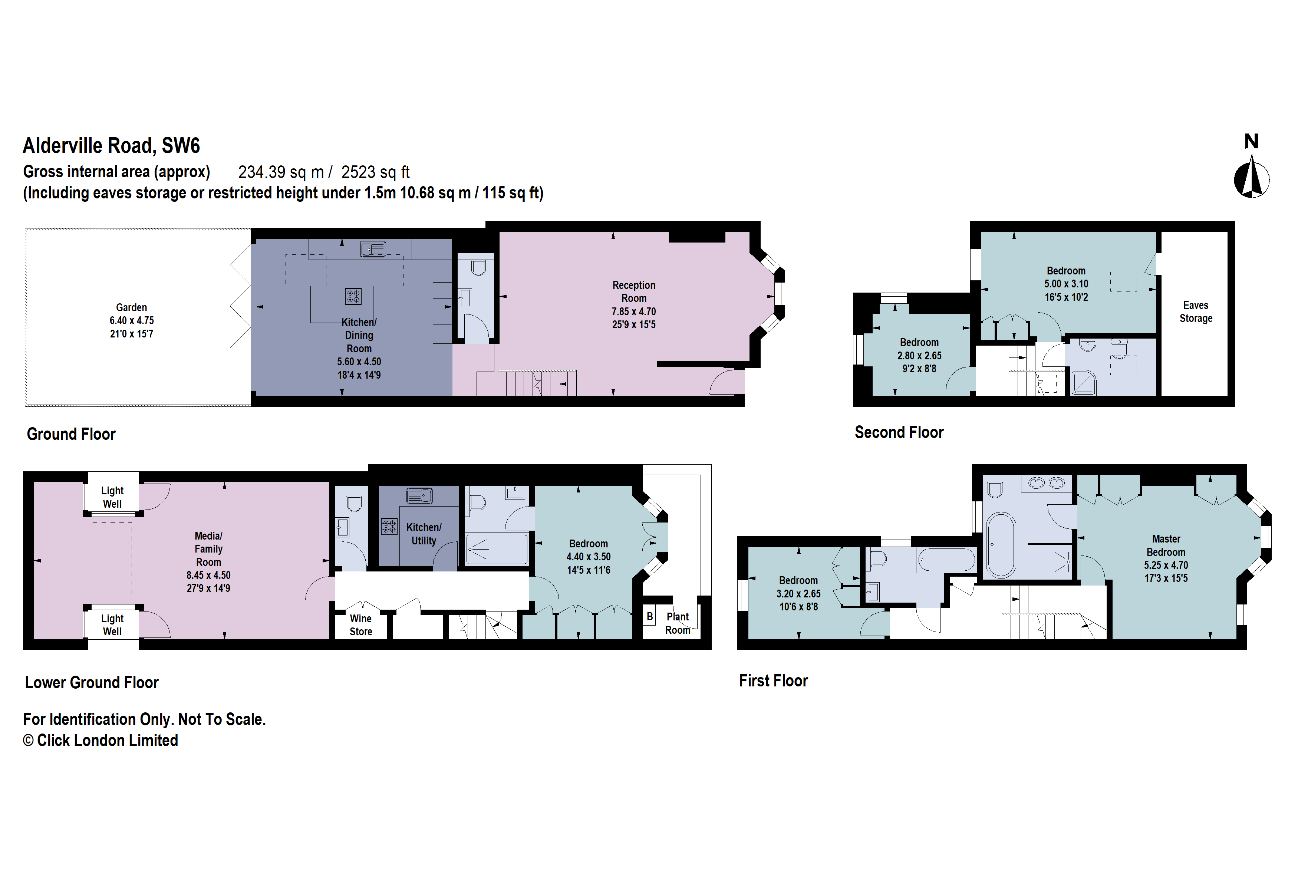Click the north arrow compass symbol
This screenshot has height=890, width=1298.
coord(1251,178)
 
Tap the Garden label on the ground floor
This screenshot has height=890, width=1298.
coord(131,308)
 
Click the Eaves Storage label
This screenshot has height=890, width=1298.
coord(1195,311)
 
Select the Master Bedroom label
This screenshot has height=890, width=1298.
coord(1166,545)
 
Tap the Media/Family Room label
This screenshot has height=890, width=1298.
coord(208,549)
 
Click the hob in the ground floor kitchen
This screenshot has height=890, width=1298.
coord(353,296)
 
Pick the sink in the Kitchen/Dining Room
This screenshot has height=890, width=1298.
coord(373,248)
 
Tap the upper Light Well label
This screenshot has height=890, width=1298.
coord(112,497)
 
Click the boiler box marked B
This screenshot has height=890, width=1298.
coord(650,616)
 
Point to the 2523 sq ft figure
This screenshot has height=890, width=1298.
coord(375,172)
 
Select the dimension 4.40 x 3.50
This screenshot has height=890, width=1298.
coord(588,557)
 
